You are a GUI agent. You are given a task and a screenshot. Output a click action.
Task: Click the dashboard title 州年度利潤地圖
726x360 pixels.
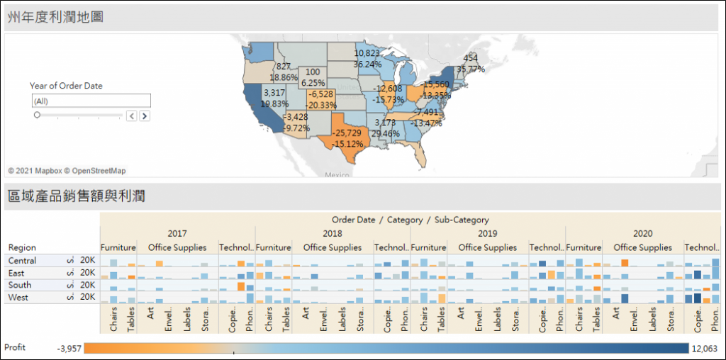55,16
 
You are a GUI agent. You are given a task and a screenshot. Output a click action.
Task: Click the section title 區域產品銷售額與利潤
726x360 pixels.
77,196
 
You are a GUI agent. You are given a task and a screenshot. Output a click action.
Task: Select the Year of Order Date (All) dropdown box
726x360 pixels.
90,101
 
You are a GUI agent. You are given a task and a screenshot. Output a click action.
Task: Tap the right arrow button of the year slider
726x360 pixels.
145,116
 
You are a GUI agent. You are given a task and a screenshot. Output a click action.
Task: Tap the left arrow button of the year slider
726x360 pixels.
131,116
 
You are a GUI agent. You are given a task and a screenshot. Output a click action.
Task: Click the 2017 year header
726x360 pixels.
177,233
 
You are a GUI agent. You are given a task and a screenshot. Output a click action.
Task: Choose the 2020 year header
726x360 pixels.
642,233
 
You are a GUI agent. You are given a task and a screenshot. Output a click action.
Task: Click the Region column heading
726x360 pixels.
22,247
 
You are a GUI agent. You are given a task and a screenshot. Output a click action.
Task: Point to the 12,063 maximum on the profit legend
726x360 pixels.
705,348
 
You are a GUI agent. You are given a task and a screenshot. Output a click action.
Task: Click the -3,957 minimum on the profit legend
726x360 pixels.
72,348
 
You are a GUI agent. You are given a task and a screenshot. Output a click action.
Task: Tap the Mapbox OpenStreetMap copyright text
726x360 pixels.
67,171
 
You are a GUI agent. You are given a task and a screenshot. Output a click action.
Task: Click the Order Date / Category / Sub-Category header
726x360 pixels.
410,220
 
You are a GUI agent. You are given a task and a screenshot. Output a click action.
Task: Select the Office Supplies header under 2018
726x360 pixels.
332,247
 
